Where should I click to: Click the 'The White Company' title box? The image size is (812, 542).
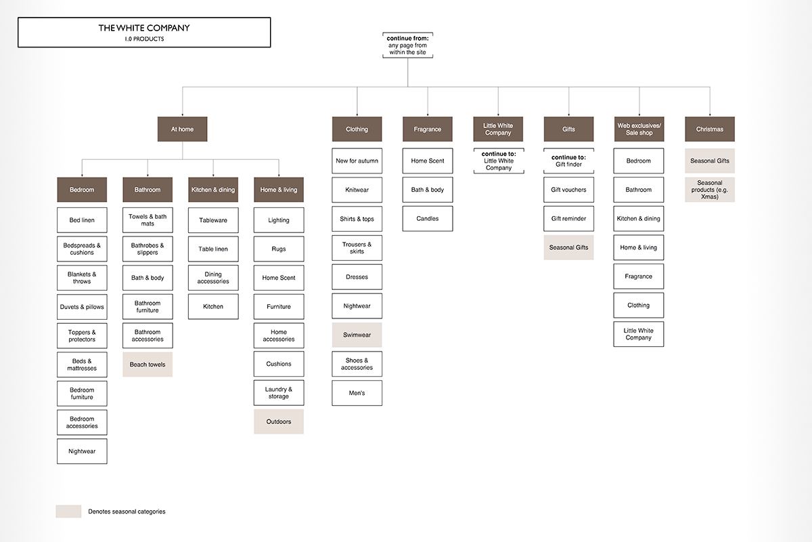click(x=144, y=33)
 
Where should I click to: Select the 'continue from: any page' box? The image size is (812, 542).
click(x=408, y=45)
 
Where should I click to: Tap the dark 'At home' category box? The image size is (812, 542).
click(x=182, y=129)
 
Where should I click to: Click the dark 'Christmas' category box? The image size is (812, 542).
click(x=710, y=129)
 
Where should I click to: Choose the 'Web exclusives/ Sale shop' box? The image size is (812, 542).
click(x=639, y=129)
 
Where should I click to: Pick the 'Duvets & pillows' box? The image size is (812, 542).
click(x=82, y=307)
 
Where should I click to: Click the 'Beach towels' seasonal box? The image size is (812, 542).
click(x=148, y=364)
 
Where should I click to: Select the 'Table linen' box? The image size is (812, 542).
click(x=213, y=249)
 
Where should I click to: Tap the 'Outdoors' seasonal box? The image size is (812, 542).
click(x=279, y=422)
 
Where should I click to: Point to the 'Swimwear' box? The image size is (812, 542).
click(x=357, y=335)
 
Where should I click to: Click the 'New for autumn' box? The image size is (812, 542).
click(x=357, y=161)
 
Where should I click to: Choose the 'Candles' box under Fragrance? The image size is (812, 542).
click(x=428, y=219)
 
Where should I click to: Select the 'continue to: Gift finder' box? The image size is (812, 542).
click(x=569, y=161)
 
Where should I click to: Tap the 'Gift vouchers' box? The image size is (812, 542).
click(x=569, y=190)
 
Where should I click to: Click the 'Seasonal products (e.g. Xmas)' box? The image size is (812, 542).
click(x=710, y=190)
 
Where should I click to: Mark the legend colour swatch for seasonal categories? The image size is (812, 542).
click(x=68, y=512)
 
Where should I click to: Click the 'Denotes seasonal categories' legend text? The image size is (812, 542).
click(x=127, y=512)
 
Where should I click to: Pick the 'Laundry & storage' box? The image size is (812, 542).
click(x=279, y=393)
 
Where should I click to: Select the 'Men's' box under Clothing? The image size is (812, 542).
click(x=357, y=393)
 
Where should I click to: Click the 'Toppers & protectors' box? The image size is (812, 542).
click(x=82, y=336)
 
